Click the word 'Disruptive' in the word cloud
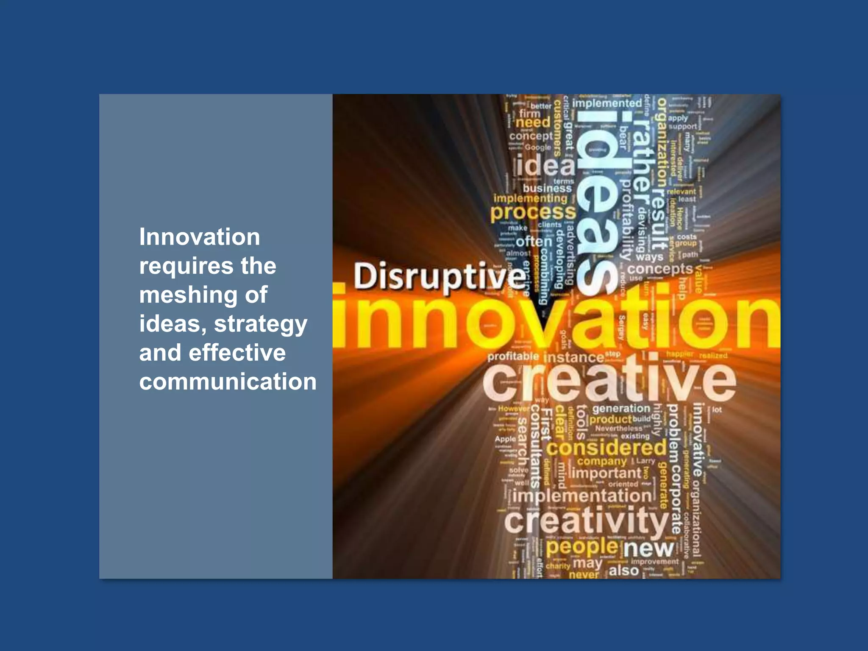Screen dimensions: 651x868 (x=439, y=276)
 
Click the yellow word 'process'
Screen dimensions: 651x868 (x=533, y=212)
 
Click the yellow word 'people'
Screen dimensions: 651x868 (x=582, y=547)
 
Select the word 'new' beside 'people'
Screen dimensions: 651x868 (x=648, y=548)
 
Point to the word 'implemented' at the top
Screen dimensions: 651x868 (x=607, y=103)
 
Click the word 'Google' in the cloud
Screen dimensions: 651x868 (x=538, y=147)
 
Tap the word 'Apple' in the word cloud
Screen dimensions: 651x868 (x=505, y=439)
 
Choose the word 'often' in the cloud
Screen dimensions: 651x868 (x=534, y=242)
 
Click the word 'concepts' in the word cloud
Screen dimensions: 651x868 (x=660, y=269)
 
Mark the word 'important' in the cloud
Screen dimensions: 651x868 (x=606, y=473)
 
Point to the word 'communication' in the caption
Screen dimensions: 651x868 (x=228, y=381)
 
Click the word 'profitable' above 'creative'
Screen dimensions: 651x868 (x=513, y=356)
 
